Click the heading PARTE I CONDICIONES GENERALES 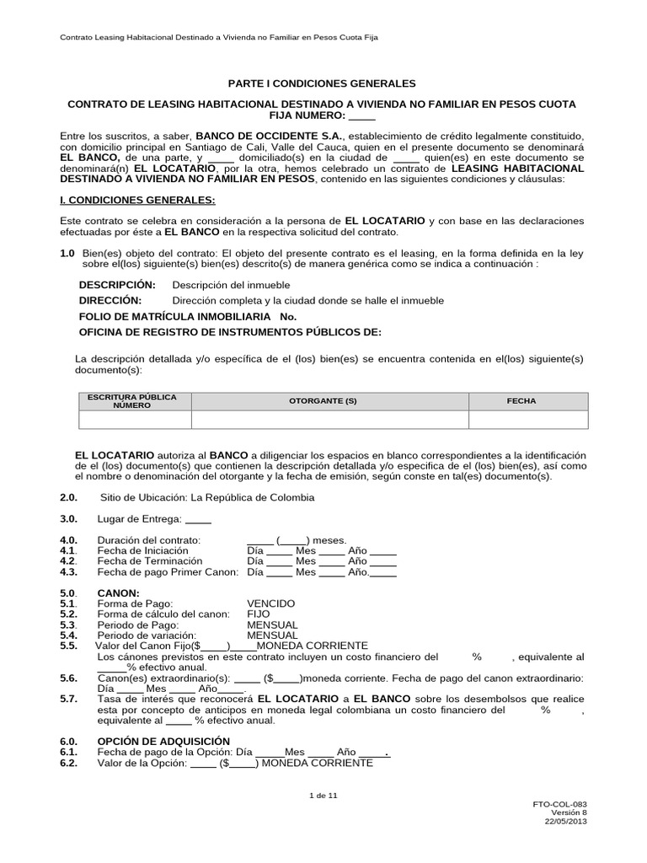coord(323,84)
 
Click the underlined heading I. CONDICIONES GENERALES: coord(138,200)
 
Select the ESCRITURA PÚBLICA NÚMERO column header coord(132,401)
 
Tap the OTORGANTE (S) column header coord(323,401)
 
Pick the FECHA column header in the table coord(521,401)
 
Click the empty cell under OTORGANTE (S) coord(329,421)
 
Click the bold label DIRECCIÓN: coord(110,301)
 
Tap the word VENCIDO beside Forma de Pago coord(270,604)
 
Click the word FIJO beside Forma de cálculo coord(258,614)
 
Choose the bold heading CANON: coord(118,593)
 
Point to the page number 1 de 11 coord(323,795)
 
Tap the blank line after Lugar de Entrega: coord(197,520)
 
